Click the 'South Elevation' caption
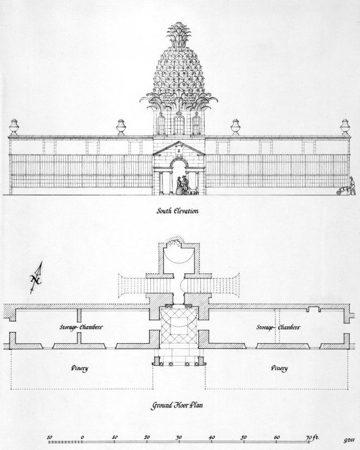point(177,211)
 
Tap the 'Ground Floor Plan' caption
point(177,406)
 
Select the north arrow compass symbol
point(37,278)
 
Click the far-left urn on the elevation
point(14,127)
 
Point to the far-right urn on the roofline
point(345,127)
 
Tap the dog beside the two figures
point(193,191)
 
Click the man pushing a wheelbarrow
point(352,186)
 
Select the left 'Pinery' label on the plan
point(79,368)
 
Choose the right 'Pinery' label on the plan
point(279,368)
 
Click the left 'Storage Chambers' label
point(81,327)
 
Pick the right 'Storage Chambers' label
point(278,327)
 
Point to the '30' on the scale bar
point(179,438)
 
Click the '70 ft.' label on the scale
point(312,438)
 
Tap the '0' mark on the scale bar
point(82,438)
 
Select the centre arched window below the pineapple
point(179,124)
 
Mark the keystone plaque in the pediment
point(178,150)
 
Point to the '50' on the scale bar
point(244,438)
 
